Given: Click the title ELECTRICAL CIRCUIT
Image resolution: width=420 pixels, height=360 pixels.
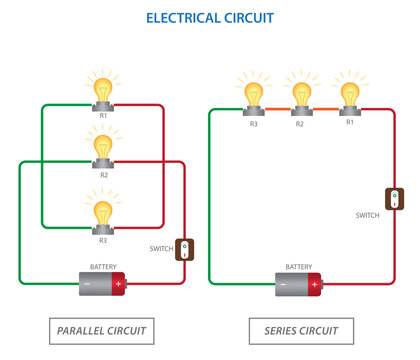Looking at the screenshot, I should coord(209,18).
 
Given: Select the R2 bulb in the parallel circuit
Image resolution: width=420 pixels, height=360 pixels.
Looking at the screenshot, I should coord(103,148).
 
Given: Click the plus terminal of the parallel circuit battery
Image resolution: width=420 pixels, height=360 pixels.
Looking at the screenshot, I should coord(119,284).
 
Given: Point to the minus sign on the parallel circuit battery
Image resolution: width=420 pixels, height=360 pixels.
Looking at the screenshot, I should coord(87,284).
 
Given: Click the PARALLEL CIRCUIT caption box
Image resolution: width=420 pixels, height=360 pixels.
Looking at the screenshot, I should coord(102,331).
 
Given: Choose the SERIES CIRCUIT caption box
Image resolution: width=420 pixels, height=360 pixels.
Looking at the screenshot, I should coord(301,331).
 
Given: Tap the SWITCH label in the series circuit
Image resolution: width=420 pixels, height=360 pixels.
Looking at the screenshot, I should coord(367,215).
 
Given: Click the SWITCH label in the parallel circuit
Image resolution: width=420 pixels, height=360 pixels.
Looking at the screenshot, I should coord(162,248).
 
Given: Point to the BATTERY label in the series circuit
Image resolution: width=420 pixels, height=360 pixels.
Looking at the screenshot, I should coord(298,267).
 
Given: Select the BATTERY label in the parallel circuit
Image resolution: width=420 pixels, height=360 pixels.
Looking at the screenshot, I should coord(103,267).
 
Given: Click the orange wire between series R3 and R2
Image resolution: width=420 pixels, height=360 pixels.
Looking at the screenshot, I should coord(276,107).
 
